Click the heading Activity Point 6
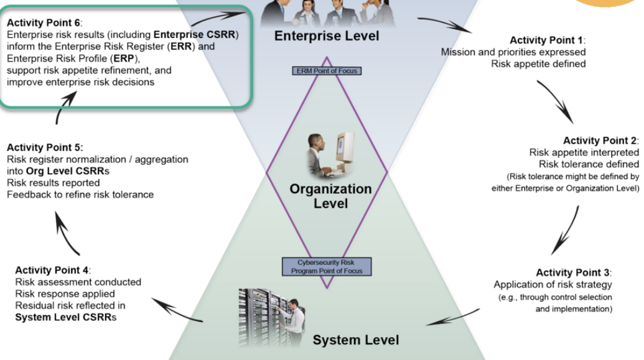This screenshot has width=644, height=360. click(x=46, y=22)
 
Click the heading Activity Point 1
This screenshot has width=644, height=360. click(x=547, y=40)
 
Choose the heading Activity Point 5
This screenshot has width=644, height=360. click(x=45, y=148)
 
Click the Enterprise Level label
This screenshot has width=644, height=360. click(x=326, y=37)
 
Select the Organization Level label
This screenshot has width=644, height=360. click(x=330, y=195)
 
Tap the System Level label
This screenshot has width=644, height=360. click(x=355, y=339)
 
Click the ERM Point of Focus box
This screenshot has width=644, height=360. click(x=326, y=71)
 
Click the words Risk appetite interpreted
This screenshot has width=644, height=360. click(x=584, y=152)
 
